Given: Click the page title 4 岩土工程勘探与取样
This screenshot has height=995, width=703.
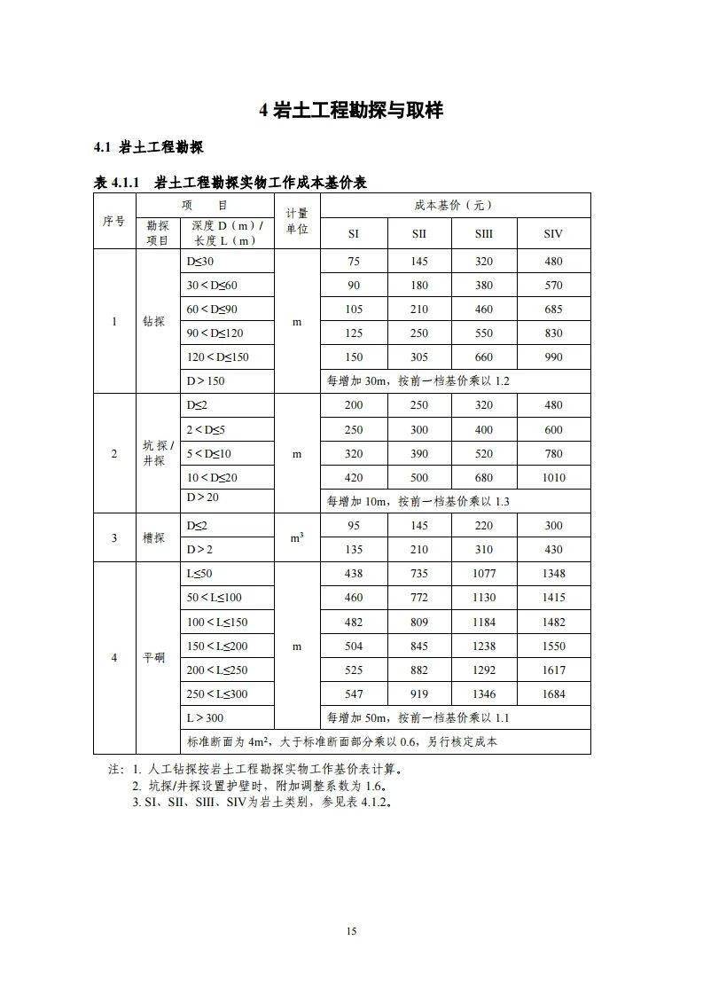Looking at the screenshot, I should point(351,110).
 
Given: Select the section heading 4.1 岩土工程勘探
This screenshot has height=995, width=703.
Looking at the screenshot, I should point(149,147).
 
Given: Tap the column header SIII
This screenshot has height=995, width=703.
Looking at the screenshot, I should point(484,234).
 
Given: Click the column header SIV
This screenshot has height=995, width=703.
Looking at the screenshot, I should point(553,234).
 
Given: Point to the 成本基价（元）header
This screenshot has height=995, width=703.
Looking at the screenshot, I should point(454,205).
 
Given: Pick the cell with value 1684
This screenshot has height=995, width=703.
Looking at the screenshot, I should point(553,694).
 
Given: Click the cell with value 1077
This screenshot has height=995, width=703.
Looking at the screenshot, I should point(484,574).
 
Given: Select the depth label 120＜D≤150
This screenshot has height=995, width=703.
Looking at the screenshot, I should point(218,357).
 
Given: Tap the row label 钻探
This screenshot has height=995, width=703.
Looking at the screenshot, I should point(154,321).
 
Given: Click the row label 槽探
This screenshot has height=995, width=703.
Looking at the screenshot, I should point(154,537).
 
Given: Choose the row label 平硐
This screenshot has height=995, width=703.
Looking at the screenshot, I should point(154,657).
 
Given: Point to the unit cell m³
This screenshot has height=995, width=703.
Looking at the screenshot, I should point(297,537).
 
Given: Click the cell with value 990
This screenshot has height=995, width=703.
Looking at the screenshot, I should point(553,357).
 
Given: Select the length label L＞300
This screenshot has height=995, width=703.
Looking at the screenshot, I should point(205,717).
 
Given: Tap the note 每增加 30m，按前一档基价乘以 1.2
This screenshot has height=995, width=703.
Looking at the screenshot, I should point(418,381).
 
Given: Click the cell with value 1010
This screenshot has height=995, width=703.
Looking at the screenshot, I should point(553,478).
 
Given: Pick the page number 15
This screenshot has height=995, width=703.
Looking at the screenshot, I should point(352,930).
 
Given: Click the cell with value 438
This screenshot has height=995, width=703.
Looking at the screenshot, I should point(354,574).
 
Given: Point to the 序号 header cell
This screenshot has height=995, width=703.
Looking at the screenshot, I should point(113,221).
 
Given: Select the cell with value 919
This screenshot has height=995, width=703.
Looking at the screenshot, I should point(419,694).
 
